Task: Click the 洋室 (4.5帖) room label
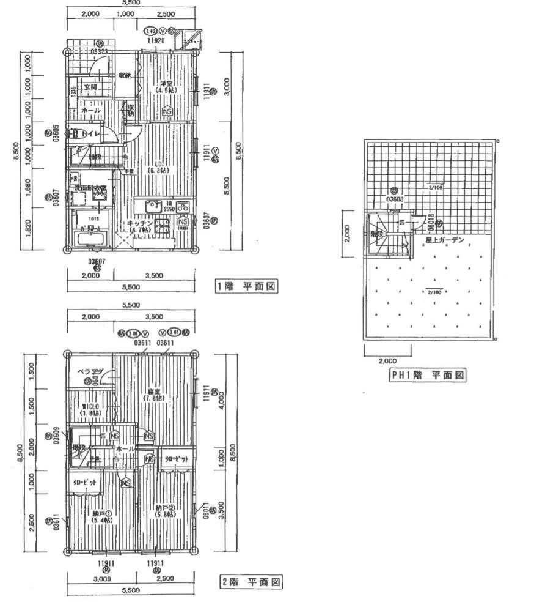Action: click(167, 86)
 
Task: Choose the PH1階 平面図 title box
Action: click(428, 375)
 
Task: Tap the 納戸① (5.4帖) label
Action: click(100, 516)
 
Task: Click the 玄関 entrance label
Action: click(90, 87)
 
